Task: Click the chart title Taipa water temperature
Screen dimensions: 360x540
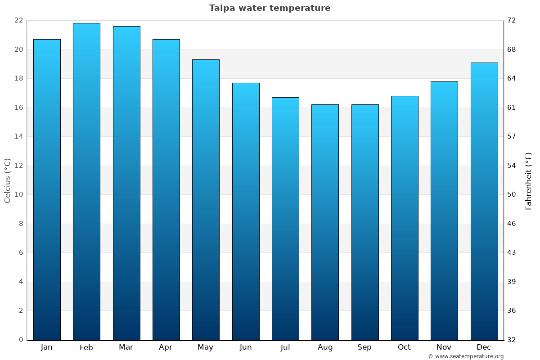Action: [270, 8]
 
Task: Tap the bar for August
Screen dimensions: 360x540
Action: [325, 222]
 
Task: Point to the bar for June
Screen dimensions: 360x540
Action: [246, 211]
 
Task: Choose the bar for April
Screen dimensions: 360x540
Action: [166, 189]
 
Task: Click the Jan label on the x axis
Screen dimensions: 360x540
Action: [46, 347]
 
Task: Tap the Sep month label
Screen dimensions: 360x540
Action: [364, 347]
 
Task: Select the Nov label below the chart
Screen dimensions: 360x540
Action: [444, 347]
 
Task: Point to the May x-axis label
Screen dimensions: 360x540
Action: [206, 347]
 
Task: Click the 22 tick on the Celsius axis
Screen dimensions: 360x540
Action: [18, 21]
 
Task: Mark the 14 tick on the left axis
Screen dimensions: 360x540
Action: [18, 136]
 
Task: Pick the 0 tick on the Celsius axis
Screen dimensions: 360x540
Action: [21, 340]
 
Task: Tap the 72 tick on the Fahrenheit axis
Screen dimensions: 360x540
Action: [512, 21]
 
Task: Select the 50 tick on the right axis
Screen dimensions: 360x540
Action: [512, 194]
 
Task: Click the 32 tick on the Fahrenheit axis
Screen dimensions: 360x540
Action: [512, 340]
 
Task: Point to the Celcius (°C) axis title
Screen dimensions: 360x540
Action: [7, 180]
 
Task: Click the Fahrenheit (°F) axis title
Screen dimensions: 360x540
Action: [529, 180]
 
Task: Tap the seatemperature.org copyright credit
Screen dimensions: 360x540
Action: [466, 356]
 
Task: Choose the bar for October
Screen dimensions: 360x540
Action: [405, 218]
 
